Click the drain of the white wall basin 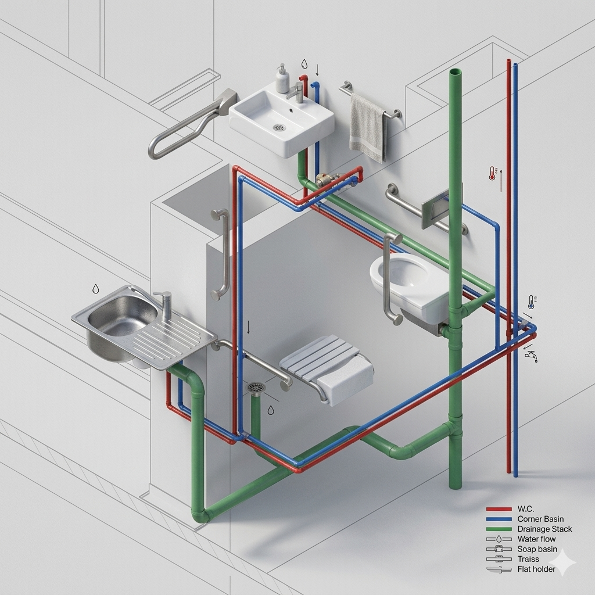[x=279, y=127]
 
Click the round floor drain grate [x=256, y=388]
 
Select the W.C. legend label [x=525, y=509]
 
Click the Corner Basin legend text [x=540, y=519]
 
